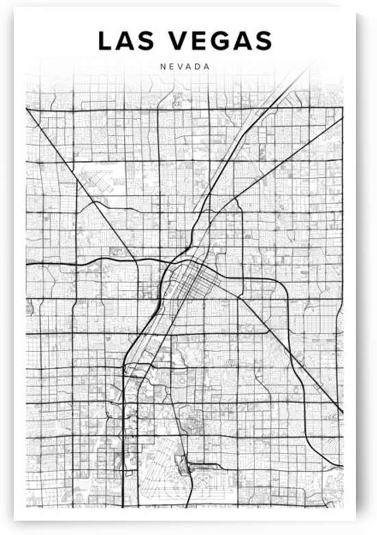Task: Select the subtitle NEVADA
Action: pos(185,67)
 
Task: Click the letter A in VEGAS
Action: pos(242,41)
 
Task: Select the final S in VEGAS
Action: pos(263,41)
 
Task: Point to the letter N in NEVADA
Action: pos(161,67)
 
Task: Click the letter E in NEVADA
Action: pos(170,67)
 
